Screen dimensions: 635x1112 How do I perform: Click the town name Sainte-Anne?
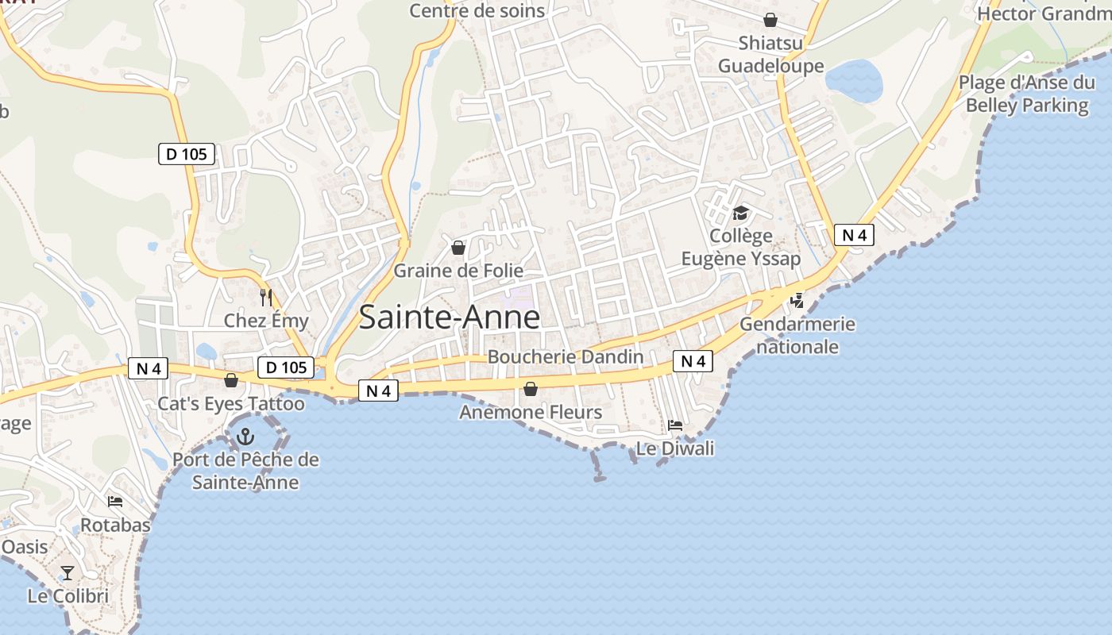click(x=450, y=317)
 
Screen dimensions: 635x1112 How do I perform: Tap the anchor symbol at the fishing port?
click(x=245, y=436)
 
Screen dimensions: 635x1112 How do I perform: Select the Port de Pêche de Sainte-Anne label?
click(x=245, y=471)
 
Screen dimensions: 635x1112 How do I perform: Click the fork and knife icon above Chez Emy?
click(x=266, y=298)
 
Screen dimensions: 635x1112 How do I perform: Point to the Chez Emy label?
click(x=266, y=321)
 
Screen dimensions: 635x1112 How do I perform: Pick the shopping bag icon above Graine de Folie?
click(x=458, y=248)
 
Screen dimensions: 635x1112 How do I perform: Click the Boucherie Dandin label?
click(x=566, y=356)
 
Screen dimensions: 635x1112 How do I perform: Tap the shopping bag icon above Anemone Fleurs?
click(x=531, y=389)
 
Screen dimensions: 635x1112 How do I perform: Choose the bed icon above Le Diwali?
click(x=675, y=425)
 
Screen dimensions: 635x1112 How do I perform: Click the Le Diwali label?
click(x=675, y=448)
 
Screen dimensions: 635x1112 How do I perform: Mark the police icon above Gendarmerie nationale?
click(x=797, y=301)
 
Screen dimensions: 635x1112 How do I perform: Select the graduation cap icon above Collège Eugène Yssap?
click(x=741, y=213)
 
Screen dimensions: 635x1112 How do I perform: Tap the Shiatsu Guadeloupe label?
click(x=771, y=54)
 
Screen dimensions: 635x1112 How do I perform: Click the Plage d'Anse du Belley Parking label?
click(x=1027, y=94)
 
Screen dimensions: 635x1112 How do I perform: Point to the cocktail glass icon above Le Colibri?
click(x=68, y=572)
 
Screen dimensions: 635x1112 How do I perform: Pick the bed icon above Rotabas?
click(x=115, y=502)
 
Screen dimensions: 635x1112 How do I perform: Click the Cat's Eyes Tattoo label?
click(x=231, y=403)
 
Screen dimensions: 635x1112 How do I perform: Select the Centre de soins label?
click(x=477, y=10)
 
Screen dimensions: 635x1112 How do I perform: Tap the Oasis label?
click(x=25, y=547)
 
